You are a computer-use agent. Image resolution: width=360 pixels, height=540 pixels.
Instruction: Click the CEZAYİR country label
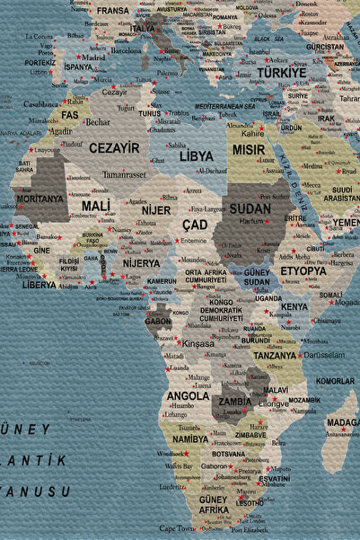(114, 147)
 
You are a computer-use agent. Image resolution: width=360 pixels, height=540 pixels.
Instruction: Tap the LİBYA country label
(197, 155)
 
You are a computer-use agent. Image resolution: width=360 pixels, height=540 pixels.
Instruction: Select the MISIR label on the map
(249, 150)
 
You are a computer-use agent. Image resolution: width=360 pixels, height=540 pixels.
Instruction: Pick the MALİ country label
(96, 206)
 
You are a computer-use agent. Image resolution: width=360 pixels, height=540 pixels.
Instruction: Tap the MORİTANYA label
(40, 199)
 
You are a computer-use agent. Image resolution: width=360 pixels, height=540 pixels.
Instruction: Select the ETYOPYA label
(303, 270)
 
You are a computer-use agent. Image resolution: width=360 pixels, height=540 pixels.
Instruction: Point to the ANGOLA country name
(189, 395)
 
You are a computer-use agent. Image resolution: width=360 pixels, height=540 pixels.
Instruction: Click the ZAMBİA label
(235, 402)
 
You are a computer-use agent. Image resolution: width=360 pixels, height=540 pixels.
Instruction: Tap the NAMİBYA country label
(190, 439)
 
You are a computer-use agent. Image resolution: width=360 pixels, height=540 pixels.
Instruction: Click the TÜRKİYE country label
(282, 72)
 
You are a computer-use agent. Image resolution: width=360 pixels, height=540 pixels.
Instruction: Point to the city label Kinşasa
(198, 343)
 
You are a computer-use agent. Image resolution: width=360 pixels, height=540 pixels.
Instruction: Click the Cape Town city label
(178, 528)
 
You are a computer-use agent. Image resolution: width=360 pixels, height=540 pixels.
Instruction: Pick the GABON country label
(158, 320)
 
